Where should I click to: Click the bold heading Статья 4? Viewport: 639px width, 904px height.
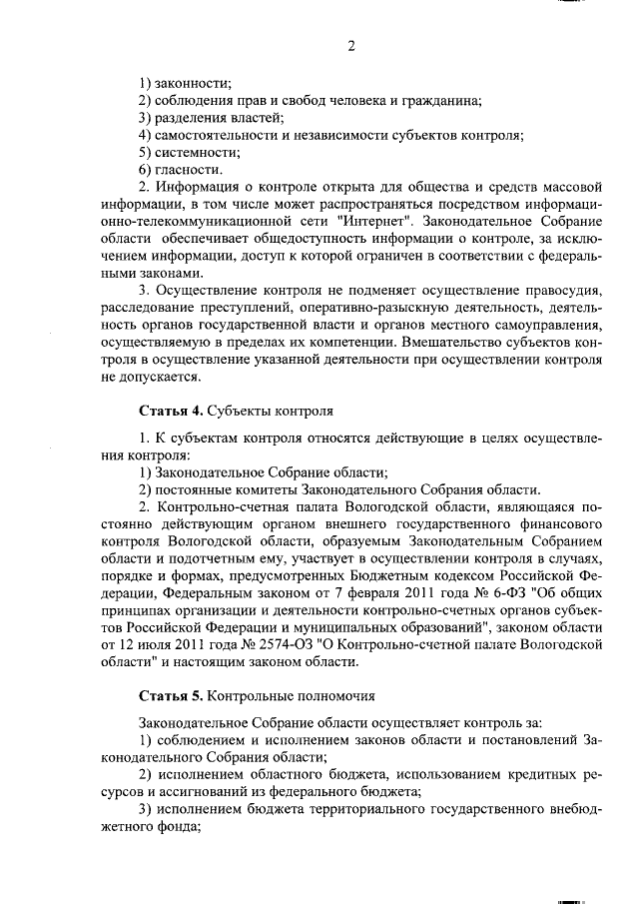(171, 410)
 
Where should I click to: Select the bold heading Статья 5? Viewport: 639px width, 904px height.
(171, 695)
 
